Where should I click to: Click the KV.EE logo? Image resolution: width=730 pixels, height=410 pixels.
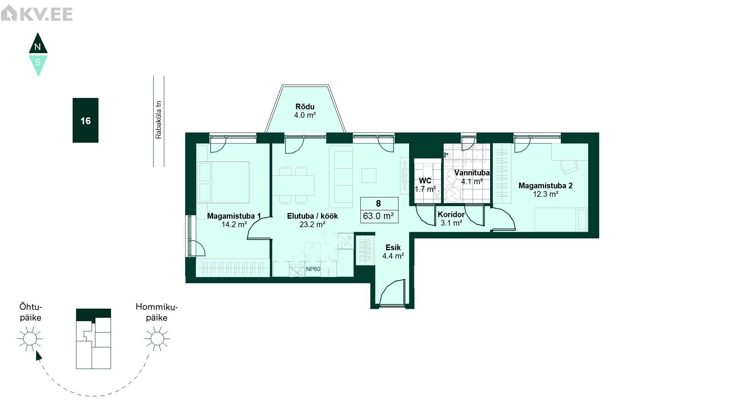pos(37,14)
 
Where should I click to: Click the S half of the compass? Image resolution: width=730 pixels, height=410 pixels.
pos(38,64)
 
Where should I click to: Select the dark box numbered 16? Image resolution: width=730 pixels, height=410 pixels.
pos(86,120)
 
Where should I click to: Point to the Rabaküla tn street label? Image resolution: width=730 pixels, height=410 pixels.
pos(159,120)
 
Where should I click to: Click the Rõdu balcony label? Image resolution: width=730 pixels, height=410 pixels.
pos(305,107)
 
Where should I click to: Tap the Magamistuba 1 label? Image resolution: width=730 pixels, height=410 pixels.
pos(234,216)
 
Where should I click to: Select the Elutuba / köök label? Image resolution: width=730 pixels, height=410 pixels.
pos(313,216)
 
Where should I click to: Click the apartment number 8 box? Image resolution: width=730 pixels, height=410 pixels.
pos(379,203)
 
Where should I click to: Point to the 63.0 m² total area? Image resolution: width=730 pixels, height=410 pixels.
pos(378,216)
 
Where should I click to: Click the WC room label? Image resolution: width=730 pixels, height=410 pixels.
pos(425,181)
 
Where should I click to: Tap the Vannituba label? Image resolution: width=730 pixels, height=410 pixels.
pos(472,173)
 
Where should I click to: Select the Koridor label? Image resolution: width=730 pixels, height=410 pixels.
pos(451,214)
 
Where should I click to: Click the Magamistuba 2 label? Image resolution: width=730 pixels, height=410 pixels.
pos(546,186)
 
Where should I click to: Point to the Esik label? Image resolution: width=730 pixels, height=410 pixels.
pos(393,248)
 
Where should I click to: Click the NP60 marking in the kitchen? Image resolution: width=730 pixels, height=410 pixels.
pos(313,269)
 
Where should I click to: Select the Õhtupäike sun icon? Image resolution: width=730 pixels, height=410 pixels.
pos(30,338)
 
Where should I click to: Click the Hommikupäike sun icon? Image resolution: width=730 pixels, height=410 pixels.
pos(157,338)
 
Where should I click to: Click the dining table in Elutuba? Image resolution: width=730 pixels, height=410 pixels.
pos(294,185)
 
